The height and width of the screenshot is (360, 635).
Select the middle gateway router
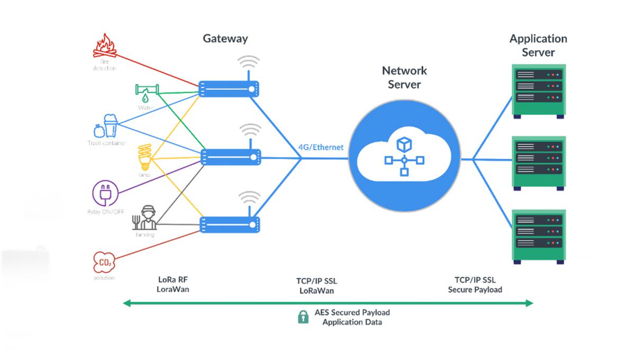(231, 156)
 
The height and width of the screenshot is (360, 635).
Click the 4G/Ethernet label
(321, 148)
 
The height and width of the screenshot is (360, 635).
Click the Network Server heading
(404, 77)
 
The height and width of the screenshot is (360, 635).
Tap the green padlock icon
(303, 317)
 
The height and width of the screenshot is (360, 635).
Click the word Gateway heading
(225, 39)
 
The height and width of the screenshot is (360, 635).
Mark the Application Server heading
(538, 45)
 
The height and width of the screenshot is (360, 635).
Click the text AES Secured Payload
(352, 312)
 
